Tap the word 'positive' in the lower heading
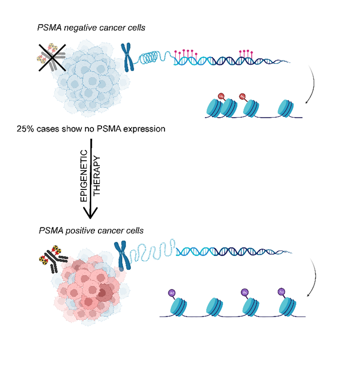tap(73, 231)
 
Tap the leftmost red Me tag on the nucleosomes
tap(221, 96)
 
